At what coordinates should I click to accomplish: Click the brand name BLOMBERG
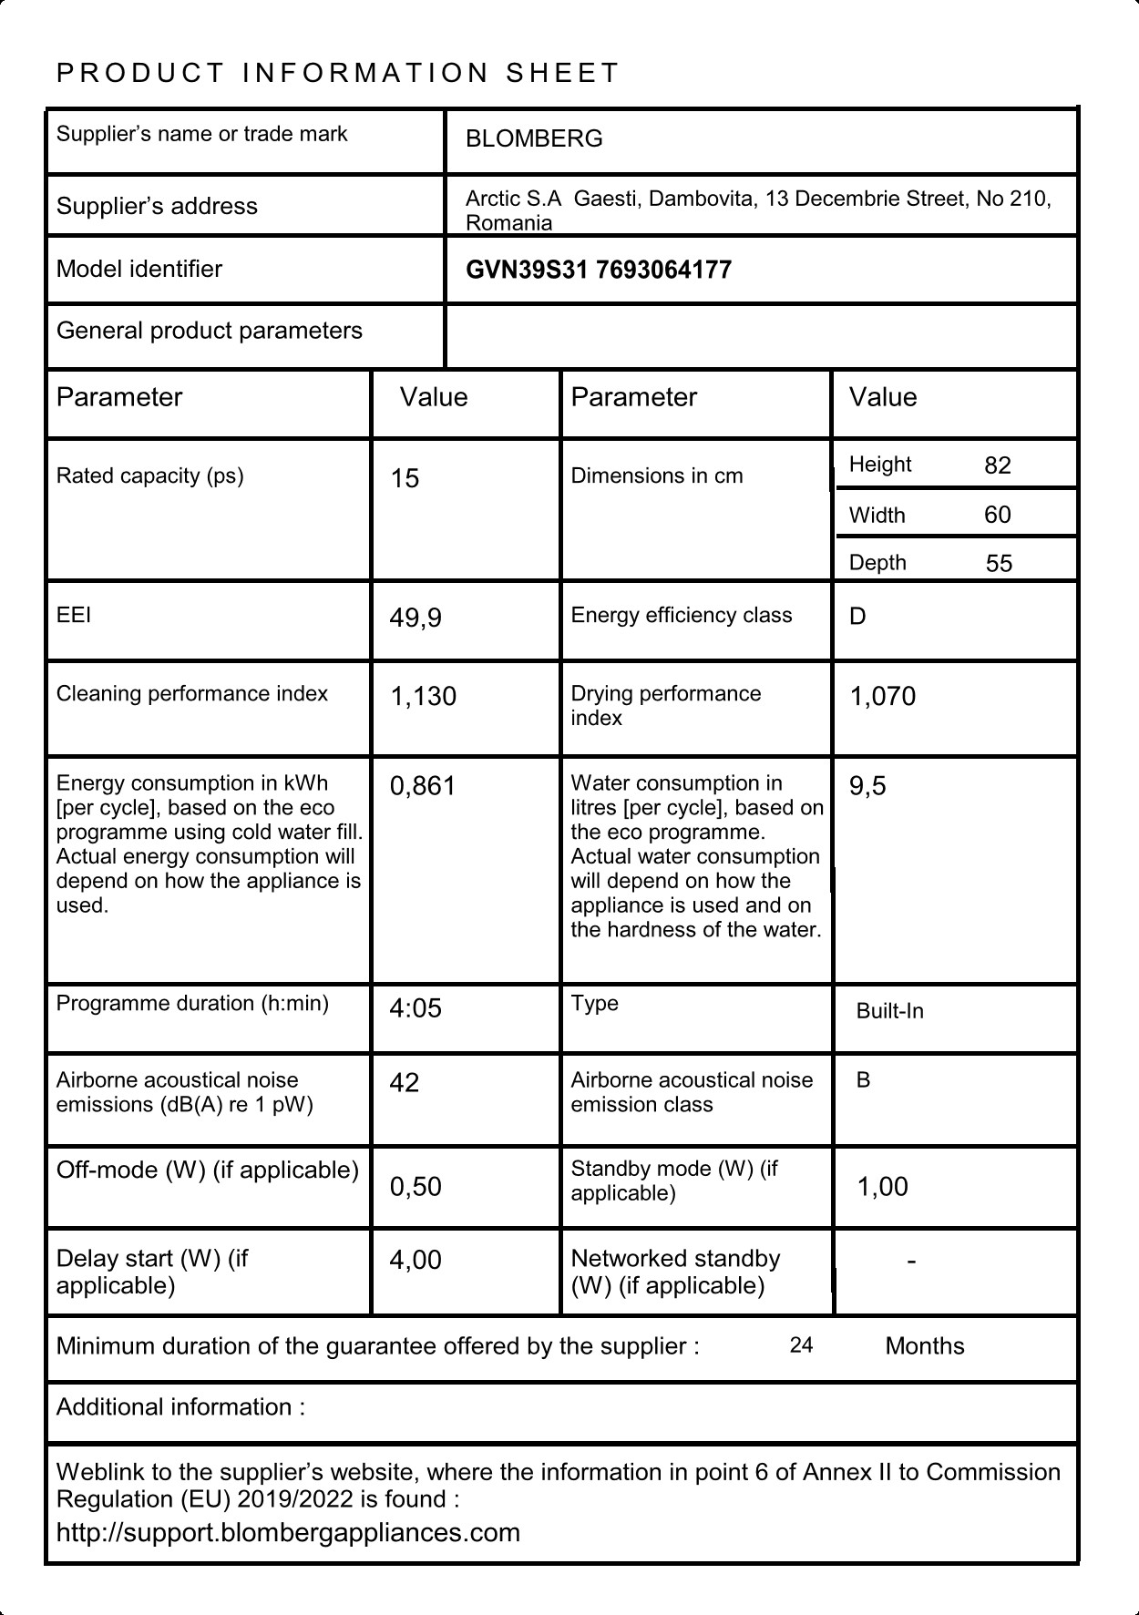534,138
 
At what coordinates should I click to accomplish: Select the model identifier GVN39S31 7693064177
598,270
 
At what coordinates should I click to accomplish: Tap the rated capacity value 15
405,478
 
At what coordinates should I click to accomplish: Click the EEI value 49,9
416,618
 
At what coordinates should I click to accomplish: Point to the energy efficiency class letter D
857,617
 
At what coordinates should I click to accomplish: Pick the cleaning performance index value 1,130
423,696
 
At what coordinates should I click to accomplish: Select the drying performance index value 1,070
882,696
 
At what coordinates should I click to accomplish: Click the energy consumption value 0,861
422,785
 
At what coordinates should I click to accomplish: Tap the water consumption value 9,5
867,785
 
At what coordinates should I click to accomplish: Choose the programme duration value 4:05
416,1007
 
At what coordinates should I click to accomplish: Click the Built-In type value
889,1011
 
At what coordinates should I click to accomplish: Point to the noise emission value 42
405,1082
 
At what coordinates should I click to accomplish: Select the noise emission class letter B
863,1080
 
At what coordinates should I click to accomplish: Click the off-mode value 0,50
416,1186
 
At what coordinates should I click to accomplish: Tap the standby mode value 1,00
882,1186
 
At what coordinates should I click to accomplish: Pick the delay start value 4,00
416,1260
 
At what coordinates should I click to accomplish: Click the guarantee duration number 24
801,1345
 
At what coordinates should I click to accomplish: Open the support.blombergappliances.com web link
288,1532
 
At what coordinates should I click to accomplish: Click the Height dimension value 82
998,465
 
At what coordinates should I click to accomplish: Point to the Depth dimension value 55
999,563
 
